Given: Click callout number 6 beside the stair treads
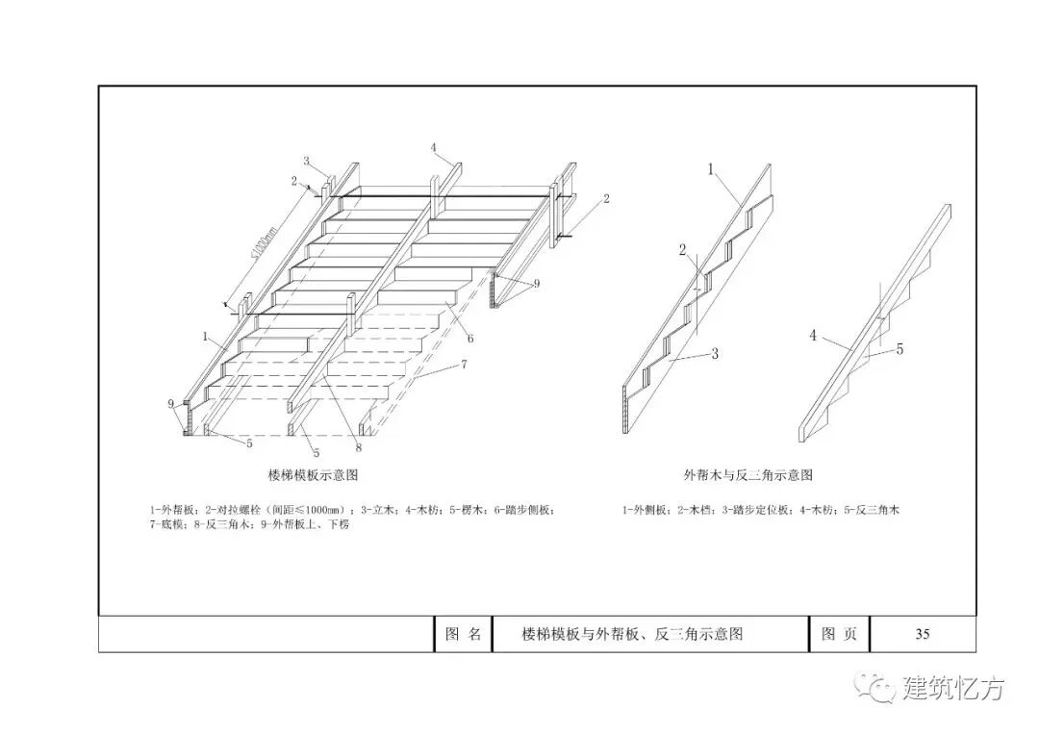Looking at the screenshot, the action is [x=469, y=338].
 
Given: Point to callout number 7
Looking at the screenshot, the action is [x=464, y=365].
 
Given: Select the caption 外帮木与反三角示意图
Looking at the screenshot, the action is [x=748, y=475].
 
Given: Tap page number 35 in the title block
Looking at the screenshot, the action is [x=922, y=634].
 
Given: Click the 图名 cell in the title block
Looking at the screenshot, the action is [x=463, y=634].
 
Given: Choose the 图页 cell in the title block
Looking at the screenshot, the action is [x=839, y=634].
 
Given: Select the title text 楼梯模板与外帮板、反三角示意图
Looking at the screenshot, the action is [x=632, y=634].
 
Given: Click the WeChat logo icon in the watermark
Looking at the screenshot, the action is [x=877, y=688].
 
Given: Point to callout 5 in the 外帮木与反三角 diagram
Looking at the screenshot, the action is [x=900, y=349].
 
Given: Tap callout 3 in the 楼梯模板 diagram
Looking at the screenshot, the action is [x=306, y=160].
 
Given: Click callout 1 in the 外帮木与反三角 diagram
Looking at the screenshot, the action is [x=710, y=169].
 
